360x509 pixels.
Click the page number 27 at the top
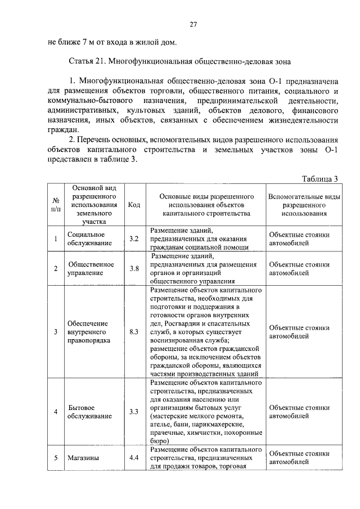[x=192, y=25]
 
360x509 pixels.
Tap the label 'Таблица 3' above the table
[x=319, y=179]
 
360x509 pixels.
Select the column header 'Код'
[x=134, y=205]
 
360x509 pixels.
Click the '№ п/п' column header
[x=56, y=205]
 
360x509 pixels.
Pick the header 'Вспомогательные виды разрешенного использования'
[x=304, y=205]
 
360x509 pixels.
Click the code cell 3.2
[x=134, y=239]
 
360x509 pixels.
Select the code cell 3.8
[x=134, y=268]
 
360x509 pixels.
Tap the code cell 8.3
[x=134, y=332]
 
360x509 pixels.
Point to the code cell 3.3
[x=134, y=412]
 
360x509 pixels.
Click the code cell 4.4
[x=134, y=457]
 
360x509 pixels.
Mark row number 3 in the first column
[x=56, y=332]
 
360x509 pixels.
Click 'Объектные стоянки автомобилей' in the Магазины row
[x=299, y=457]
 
